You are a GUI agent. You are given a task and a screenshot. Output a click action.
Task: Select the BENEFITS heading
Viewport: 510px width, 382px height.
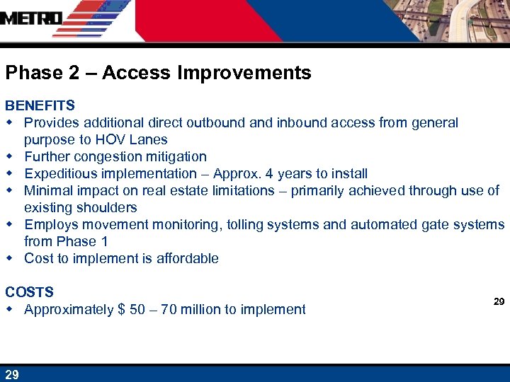point(40,105)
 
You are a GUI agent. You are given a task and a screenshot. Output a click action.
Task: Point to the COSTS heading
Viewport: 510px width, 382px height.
point(29,292)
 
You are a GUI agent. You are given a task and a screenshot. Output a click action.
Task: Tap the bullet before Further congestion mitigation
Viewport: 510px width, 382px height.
point(10,156)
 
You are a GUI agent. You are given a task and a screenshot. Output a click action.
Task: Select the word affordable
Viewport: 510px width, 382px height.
point(186,258)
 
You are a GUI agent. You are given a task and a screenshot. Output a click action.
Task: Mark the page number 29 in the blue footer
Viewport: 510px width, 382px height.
point(11,374)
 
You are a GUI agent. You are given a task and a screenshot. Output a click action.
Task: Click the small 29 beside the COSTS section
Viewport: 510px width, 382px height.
point(499,301)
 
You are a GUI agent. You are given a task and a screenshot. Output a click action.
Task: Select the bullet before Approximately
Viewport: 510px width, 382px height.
point(10,309)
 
